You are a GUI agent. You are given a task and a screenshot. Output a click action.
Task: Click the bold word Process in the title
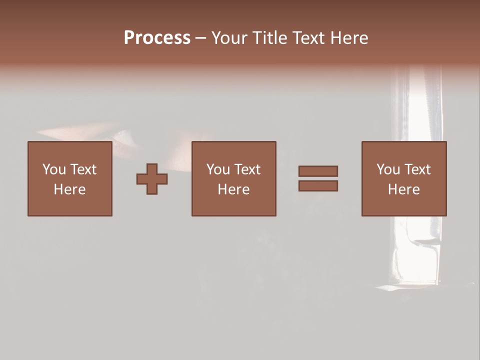(157, 38)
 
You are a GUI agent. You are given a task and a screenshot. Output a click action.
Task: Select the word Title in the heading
(269, 38)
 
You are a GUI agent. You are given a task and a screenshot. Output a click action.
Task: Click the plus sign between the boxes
(152, 179)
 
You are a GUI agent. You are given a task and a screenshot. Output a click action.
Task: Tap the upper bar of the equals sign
(318, 171)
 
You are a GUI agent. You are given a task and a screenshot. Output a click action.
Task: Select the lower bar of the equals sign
(318, 186)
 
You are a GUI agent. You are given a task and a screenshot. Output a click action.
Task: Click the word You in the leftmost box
(54, 169)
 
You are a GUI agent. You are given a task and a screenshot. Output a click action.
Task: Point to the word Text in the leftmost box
(83, 169)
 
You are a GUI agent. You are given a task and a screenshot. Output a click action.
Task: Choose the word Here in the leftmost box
(69, 189)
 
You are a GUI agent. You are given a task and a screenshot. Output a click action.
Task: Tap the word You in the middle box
(218, 169)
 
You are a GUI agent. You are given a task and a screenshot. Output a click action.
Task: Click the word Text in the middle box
(247, 169)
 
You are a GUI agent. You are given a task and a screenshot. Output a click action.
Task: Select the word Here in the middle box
(233, 189)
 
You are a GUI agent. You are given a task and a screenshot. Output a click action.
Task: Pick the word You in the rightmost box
(388, 169)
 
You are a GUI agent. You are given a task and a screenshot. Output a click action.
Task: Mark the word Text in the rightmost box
(417, 169)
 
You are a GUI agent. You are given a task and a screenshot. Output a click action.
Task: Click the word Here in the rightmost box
(403, 189)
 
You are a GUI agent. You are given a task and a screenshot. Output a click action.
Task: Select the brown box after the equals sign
(404, 205)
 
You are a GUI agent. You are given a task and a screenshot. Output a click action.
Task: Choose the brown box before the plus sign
(70, 205)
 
